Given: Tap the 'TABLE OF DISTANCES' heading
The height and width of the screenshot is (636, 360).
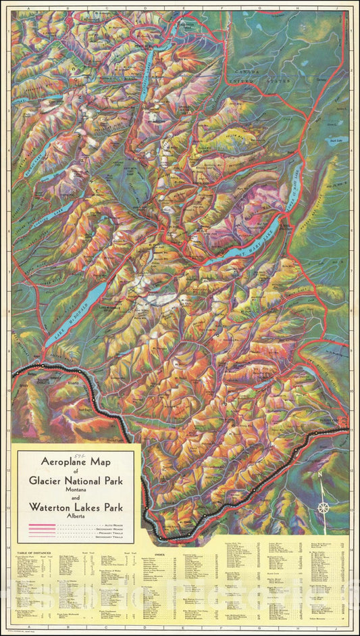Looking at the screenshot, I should click(30, 554).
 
